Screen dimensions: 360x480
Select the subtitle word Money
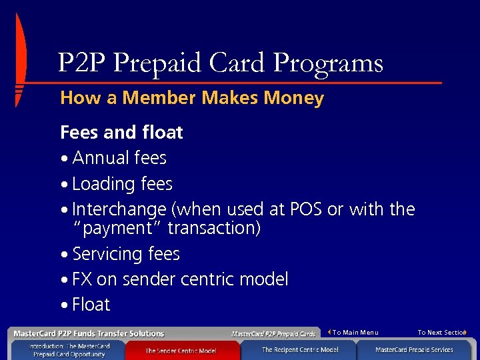point(293,99)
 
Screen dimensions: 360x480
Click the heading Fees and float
point(121,133)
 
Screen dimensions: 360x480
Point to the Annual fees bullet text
point(119,158)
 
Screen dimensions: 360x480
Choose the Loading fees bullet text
point(122,184)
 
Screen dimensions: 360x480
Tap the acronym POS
point(306,209)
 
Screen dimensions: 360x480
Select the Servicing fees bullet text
point(126,254)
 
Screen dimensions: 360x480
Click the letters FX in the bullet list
point(82,279)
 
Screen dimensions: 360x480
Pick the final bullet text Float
point(91,305)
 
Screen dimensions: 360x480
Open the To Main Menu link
point(355,332)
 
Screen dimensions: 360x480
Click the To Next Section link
point(441,332)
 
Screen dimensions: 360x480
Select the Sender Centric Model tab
point(181,350)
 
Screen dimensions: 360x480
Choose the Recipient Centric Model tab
point(300,349)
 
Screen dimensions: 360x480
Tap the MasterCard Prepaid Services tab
point(414,349)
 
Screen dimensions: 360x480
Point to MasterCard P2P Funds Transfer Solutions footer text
point(89,333)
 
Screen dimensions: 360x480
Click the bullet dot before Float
point(63,306)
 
